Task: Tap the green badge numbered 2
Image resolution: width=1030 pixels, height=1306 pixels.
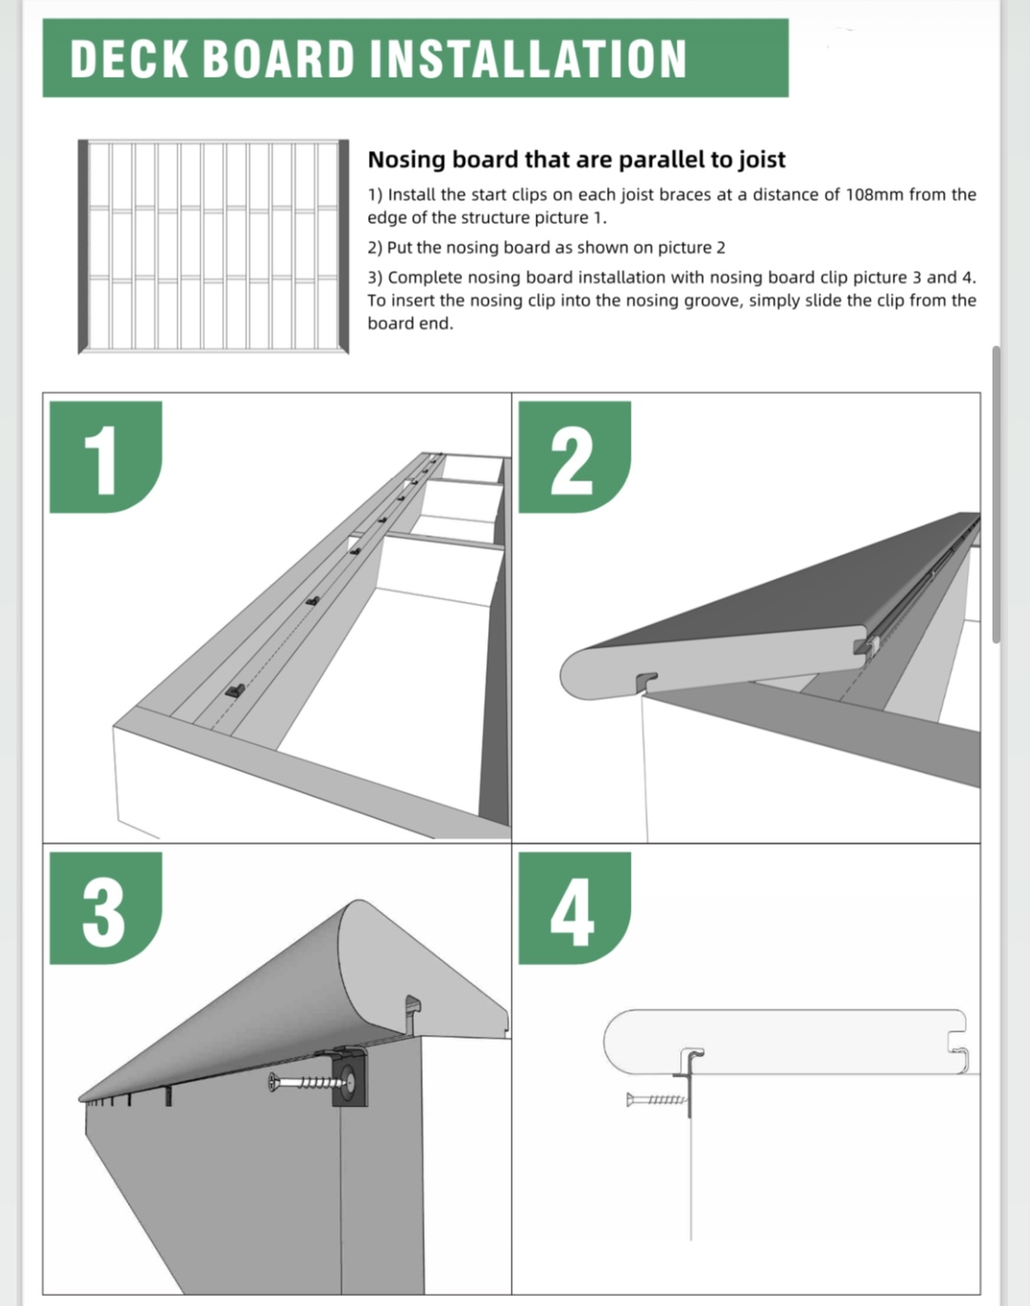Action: (574, 457)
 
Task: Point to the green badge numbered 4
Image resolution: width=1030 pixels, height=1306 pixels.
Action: (574, 909)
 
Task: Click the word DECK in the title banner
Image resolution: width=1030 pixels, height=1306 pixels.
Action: (128, 59)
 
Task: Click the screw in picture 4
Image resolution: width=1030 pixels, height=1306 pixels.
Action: (656, 1099)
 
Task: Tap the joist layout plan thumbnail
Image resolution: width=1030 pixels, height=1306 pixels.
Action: (213, 246)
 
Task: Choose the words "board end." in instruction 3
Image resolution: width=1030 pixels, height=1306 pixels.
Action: (410, 323)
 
